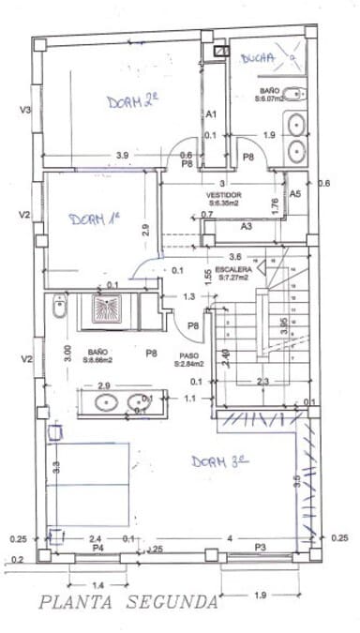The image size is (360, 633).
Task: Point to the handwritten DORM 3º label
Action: [219, 461]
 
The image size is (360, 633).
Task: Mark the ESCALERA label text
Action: [235, 273]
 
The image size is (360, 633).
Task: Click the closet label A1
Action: [212, 113]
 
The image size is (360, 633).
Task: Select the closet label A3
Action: [247, 226]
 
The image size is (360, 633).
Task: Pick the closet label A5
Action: [294, 193]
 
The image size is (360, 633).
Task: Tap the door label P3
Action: [260, 547]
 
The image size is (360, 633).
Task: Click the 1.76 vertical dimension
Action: [276, 206]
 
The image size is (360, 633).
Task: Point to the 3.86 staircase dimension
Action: [284, 326]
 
